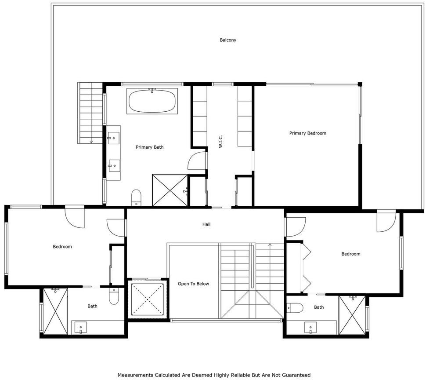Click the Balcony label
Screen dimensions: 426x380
coord(228,40)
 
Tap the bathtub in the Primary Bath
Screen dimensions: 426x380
coord(152,101)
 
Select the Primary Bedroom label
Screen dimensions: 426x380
coord(307,133)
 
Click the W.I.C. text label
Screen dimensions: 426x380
coord(220,141)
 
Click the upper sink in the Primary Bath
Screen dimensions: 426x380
coord(114,138)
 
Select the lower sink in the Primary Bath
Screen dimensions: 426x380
coord(114,166)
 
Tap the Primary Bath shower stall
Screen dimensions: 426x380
coord(170,190)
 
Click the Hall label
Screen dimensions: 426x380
coord(206,224)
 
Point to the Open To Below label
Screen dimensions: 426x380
coord(193,284)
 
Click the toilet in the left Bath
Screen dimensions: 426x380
coord(114,296)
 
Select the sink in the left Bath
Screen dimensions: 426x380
coord(81,328)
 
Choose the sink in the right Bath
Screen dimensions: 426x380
coord(310,328)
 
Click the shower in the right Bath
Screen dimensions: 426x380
coord(352,315)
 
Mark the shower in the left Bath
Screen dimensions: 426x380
coord(55,311)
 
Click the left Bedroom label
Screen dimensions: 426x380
coord(62,247)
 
